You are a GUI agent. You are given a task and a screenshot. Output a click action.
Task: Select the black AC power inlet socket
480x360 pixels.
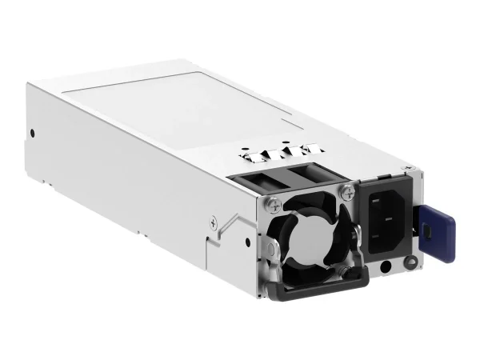pyautogui.click(x=386, y=218)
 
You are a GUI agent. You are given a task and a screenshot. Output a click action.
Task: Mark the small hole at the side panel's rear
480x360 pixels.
pyautogui.click(x=31, y=133)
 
